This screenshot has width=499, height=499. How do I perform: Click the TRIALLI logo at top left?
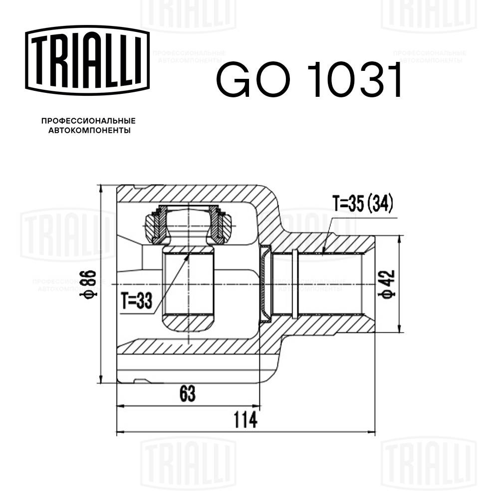87,60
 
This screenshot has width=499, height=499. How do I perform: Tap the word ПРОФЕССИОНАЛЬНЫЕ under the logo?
88,121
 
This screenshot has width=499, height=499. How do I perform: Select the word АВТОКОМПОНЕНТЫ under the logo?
89,130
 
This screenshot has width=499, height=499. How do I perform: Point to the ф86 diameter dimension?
88,284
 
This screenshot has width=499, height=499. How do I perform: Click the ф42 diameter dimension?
387,283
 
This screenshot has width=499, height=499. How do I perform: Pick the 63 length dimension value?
188,394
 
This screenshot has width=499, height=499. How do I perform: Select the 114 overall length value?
246,420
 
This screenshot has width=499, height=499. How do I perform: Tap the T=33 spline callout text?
137,300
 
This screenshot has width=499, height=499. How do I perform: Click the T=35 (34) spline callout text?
362,203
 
